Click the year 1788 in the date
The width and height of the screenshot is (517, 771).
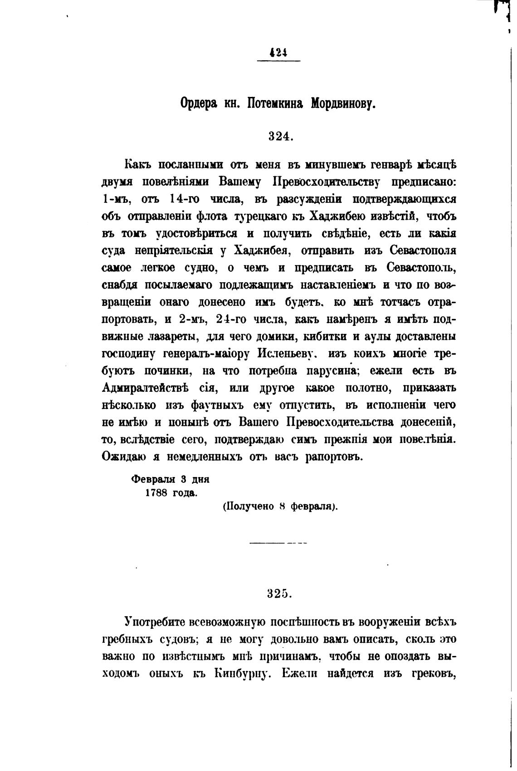pos(157,493)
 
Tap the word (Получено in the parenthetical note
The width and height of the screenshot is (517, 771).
pos(249,506)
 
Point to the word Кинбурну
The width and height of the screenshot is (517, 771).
pos(242,673)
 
